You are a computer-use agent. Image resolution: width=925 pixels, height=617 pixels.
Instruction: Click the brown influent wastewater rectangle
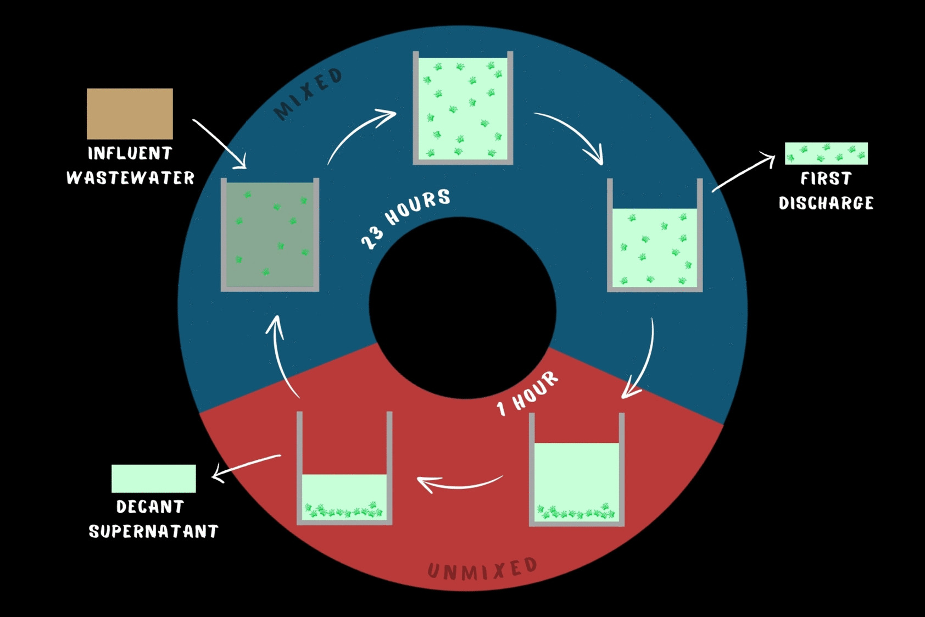click(130, 114)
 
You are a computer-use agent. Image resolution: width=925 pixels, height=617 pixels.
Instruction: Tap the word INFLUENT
click(130, 153)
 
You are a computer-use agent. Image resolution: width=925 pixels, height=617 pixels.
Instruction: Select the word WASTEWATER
click(131, 178)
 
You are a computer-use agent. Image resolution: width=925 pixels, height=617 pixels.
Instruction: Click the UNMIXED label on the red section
click(482, 569)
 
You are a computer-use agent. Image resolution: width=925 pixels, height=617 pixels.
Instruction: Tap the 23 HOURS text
click(405, 219)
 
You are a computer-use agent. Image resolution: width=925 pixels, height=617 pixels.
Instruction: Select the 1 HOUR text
click(527, 393)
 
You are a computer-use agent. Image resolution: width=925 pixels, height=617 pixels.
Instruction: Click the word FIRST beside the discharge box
click(826, 179)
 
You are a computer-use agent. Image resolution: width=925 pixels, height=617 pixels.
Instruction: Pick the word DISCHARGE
click(826, 203)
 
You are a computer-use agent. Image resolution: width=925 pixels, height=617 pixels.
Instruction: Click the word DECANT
click(150, 507)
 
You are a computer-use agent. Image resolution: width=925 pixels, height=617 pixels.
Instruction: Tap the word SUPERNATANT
click(153, 531)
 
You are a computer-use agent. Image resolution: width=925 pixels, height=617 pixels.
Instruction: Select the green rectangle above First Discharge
click(826, 154)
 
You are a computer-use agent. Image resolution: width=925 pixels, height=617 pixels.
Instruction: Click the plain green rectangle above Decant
click(154, 479)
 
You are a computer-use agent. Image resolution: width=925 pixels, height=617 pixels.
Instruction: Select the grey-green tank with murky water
click(270, 235)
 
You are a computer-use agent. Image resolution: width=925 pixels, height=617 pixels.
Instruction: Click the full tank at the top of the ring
click(463, 108)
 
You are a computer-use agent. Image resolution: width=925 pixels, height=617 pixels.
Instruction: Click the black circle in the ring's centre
click(462, 308)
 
